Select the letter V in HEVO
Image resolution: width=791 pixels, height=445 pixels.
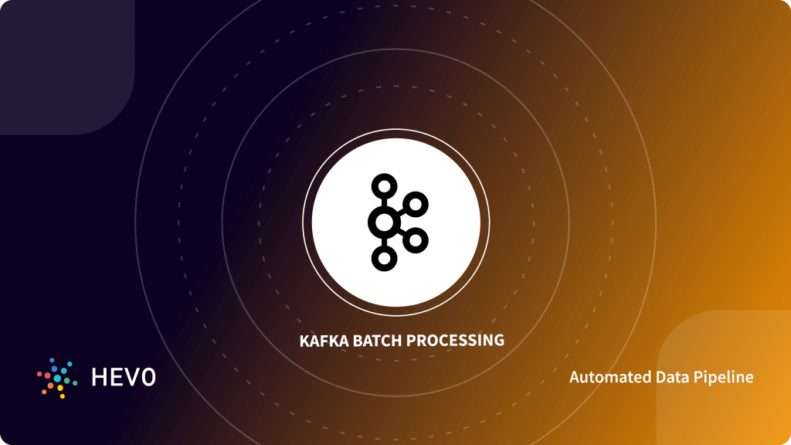(131, 378)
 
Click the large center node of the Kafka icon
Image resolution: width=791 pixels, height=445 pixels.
(383, 222)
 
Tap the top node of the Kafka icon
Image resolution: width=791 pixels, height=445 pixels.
(383, 185)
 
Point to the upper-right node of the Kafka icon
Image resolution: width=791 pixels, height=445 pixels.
(416, 204)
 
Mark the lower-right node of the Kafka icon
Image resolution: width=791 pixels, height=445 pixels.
(416, 240)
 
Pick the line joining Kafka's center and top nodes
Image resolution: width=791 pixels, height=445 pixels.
(383, 202)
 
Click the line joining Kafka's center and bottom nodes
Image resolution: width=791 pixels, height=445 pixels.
(383, 243)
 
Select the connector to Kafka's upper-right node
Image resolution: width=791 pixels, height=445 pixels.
(401, 212)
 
